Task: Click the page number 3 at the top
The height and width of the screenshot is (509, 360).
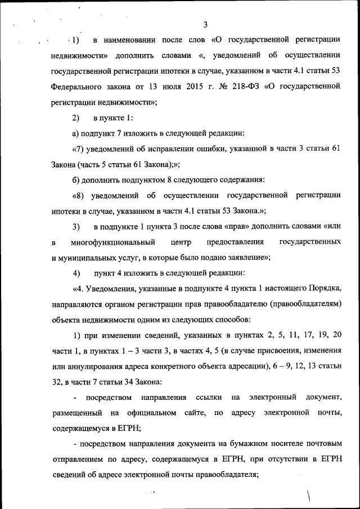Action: point(205,24)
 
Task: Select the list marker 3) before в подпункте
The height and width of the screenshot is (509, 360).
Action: point(76,227)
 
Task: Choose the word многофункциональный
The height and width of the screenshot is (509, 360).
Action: point(113,242)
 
